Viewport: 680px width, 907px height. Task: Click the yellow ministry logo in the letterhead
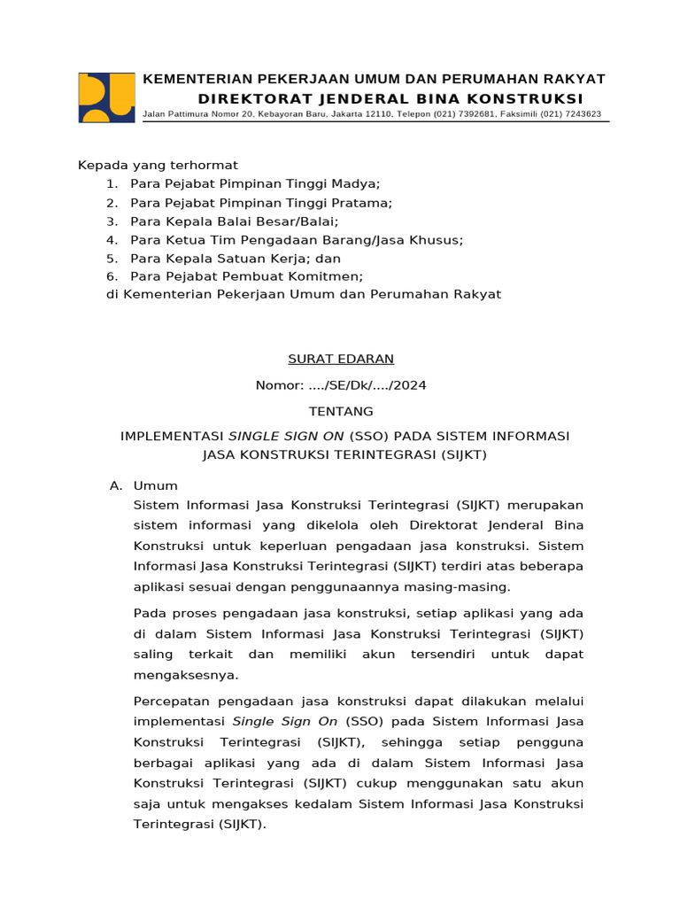click(x=106, y=97)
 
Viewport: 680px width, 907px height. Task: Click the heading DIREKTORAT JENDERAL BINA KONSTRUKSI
click(x=390, y=97)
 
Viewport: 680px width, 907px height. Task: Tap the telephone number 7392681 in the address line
click(x=475, y=114)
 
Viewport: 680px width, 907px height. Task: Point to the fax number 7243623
click(x=580, y=114)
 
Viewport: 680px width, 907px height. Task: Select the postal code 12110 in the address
click(x=377, y=114)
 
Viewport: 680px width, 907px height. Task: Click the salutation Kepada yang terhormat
click(x=158, y=165)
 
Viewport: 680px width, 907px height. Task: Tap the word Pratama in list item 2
click(x=361, y=202)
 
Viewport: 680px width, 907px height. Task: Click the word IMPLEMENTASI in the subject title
click(x=172, y=437)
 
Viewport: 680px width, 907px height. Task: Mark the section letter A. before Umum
click(x=114, y=485)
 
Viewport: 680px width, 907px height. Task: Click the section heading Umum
click(x=155, y=485)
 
